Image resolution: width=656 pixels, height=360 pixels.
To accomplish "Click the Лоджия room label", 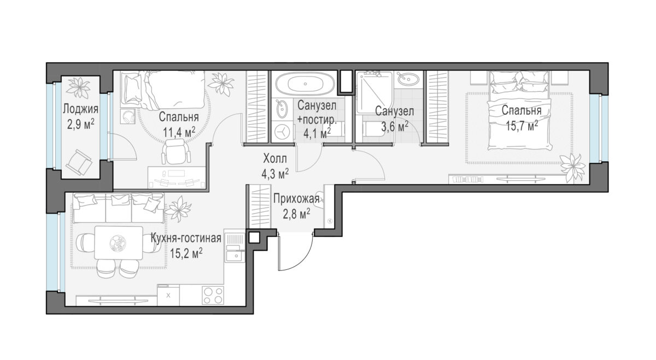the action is [80, 109].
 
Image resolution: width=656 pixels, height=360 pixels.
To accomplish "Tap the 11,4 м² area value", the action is [179, 132].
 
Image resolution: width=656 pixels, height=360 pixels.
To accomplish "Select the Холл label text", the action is [275, 159].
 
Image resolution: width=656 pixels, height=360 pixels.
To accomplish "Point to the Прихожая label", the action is [296, 199].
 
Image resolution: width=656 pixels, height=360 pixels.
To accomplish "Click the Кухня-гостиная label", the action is [186, 239].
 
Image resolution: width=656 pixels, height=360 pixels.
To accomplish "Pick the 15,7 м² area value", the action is [522, 126].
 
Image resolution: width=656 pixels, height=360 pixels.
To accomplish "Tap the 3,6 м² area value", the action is [395, 126].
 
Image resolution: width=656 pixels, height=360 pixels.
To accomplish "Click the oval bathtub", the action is [305, 84].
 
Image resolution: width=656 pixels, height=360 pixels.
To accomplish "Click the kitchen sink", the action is [235, 256].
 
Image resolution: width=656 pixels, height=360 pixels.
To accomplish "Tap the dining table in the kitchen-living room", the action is [119, 243].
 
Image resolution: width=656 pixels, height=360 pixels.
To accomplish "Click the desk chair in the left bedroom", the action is [176, 152].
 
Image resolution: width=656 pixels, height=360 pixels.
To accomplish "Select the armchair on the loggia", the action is [79, 162].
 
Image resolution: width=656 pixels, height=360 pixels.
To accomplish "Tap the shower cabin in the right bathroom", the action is [374, 92].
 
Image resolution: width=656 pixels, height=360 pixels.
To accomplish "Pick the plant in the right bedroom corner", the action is [571, 168].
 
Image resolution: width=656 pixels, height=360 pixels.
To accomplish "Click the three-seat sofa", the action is [118, 207].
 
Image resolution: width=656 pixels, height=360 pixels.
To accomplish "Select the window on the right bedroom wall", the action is [595, 128].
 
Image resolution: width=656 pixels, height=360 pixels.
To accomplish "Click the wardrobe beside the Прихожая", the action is [260, 206].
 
